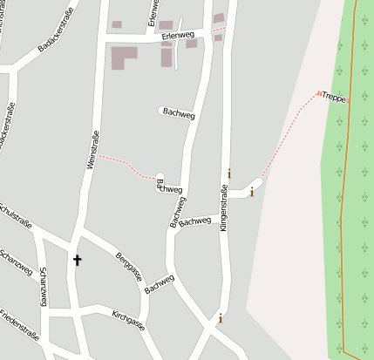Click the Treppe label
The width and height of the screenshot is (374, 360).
point(334,98)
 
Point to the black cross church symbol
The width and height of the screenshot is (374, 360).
point(77,260)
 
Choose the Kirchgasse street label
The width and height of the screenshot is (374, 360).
point(128,319)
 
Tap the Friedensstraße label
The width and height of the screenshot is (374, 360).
point(20,323)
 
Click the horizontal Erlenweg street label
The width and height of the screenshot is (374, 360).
point(177,36)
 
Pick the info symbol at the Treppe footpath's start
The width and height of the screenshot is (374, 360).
point(252,192)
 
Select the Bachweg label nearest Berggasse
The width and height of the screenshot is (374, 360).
point(160,284)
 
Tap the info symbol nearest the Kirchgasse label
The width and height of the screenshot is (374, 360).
point(220,318)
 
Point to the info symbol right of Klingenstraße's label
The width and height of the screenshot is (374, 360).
point(229,173)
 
